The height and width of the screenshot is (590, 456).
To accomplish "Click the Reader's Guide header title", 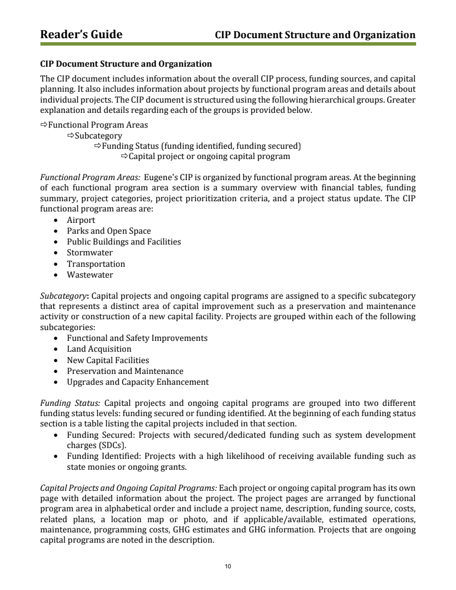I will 81,35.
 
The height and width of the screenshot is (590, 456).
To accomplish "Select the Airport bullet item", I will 81,220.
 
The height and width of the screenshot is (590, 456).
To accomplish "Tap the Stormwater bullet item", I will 89,253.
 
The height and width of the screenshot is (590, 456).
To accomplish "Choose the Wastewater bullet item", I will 90,275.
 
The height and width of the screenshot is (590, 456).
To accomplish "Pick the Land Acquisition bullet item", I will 99,349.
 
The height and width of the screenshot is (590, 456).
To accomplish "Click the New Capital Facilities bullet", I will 108,360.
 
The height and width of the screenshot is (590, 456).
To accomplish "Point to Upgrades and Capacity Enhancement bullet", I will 138,382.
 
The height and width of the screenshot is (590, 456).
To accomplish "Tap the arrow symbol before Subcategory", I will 71,136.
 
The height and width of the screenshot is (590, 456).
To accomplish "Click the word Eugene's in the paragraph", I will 162,177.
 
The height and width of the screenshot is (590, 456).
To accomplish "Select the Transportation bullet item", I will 96,264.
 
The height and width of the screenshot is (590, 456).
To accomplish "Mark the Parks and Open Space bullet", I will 109,231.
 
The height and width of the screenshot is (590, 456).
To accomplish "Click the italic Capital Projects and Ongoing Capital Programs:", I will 128,488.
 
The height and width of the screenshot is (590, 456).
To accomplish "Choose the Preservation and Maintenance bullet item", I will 125,371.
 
